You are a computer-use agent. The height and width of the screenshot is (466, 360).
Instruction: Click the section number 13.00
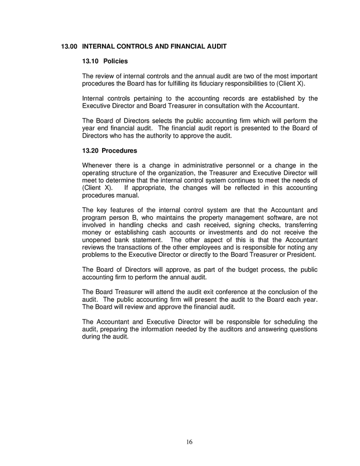(69, 47)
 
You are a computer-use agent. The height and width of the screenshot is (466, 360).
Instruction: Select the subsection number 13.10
(91, 61)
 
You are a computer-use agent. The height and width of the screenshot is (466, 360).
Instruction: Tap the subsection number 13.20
(91, 151)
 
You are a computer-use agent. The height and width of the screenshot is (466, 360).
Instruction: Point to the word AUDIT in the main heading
(215, 47)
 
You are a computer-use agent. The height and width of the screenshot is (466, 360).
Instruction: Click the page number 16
(190, 442)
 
